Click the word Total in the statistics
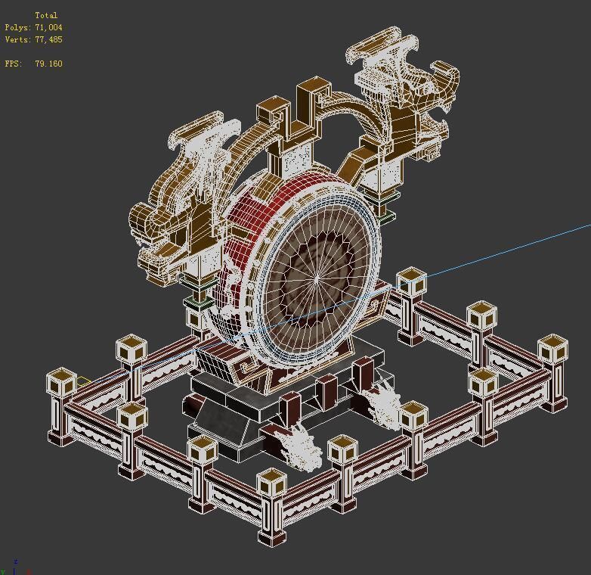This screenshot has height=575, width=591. [46, 15]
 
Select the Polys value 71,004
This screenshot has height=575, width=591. [48, 27]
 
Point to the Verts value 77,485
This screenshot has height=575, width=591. [48, 39]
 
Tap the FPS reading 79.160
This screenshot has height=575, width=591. [48, 64]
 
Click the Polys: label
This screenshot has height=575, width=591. [17, 27]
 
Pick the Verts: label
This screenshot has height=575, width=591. [17, 39]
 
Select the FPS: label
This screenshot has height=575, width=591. [14, 64]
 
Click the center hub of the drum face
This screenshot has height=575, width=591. [317, 279]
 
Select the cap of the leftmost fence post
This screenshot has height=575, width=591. [61, 381]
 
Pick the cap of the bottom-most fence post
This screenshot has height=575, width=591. [271, 482]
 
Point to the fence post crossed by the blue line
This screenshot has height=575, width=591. [410, 284]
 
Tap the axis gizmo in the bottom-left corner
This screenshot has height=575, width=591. [14, 566]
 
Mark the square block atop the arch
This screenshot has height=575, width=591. [273, 113]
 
